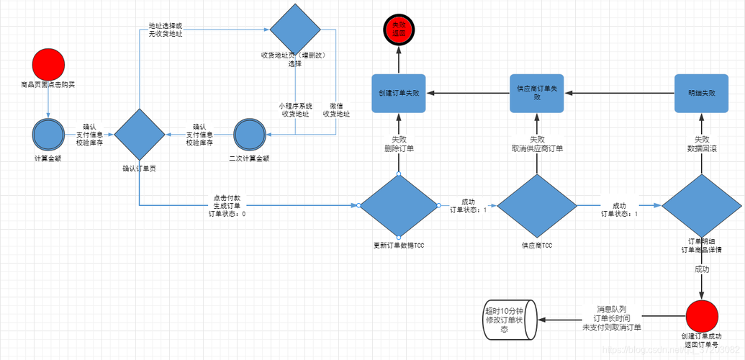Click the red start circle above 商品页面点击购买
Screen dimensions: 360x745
coord(48,63)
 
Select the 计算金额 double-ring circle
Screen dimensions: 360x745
coord(48,135)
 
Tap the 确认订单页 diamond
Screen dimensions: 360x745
coord(139,134)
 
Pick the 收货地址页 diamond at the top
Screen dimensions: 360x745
coord(294,29)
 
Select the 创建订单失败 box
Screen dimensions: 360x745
coord(398,93)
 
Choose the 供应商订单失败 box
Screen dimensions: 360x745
coord(537,93)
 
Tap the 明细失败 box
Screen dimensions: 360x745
coord(701,93)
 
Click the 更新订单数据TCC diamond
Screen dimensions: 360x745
coord(398,206)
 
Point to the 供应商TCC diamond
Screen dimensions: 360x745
coord(537,206)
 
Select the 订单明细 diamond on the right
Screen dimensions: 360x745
coord(701,206)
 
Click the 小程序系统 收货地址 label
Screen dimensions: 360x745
coord(296,109)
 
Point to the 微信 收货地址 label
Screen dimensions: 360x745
coord(335,109)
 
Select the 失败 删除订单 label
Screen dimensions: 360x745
coord(397,144)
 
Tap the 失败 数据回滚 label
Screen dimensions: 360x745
coord(701,144)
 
